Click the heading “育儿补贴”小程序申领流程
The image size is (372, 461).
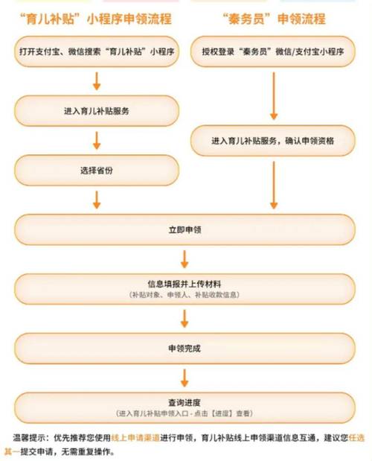(96, 19)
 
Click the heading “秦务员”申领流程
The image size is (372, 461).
(274, 19)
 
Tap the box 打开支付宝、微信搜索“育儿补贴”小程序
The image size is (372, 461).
(97, 51)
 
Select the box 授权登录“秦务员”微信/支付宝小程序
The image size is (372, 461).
(273, 51)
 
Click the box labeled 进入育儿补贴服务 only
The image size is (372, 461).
(97, 111)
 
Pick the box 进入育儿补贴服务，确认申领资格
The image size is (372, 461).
(273, 141)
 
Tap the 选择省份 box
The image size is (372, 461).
(97, 171)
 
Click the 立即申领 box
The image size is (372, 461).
(185, 229)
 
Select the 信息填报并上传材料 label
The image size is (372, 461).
(185, 284)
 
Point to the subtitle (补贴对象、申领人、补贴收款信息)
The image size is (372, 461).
(185, 295)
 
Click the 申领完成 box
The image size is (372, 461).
(185, 349)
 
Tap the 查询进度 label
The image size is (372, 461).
(185, 402)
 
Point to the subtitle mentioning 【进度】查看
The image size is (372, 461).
(185, 413)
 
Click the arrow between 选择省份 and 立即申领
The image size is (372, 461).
(97, 200)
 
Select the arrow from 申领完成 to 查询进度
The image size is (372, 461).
(185, 378)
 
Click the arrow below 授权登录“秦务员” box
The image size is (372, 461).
(274, 96)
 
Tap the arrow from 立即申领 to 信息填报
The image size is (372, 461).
(185, 259)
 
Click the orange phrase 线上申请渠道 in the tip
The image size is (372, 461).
(135, 438)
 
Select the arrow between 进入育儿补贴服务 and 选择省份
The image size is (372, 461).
(97, 141)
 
